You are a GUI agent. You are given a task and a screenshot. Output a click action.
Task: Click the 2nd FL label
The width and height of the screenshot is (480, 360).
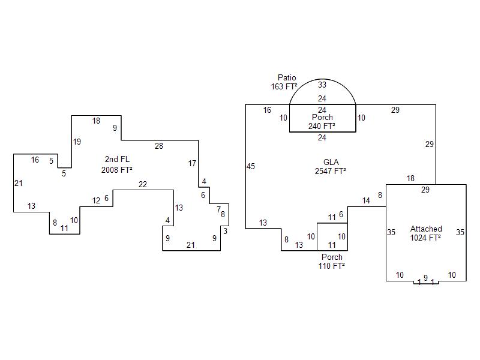(117, 159)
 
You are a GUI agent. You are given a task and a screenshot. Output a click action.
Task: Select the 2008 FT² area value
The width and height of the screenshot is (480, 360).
(117, 170)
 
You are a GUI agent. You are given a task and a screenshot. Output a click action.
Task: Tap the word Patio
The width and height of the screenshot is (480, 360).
(287, 77)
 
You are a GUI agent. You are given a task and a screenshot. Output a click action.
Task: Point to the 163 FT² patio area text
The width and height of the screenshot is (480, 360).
(284, 86)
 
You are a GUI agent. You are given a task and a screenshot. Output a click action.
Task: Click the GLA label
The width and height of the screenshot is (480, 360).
(331, 162)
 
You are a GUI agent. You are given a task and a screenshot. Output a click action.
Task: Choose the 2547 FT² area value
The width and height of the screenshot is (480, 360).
(331, 171)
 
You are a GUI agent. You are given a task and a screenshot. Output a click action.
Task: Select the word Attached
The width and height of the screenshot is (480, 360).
(426, 229)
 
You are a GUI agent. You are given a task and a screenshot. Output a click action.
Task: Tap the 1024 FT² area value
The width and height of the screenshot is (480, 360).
(425, 238)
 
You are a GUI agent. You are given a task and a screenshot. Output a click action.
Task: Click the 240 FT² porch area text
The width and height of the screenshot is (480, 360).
(322, 126)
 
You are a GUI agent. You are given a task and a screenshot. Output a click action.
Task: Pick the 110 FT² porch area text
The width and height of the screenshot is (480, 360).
(332, 266)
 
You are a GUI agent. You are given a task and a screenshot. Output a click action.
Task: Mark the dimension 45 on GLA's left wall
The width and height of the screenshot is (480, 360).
(251, 166)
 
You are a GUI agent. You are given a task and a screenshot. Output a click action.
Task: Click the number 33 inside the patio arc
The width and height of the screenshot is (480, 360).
(322, 85)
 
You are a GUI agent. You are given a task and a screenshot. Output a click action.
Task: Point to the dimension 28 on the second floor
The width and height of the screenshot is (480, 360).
(159, 146)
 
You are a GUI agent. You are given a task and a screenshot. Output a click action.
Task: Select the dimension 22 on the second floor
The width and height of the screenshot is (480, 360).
(143, 184)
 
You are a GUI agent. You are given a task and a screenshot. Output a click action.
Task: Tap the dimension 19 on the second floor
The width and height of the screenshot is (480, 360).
(77, 142)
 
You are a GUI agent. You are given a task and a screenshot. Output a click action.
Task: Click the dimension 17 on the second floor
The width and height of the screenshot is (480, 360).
(192, 163)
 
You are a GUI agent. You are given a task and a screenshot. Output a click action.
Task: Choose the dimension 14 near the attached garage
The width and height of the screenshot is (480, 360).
(366, 201)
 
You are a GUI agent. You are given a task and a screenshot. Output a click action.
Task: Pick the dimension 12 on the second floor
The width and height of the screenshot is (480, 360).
(96, 201)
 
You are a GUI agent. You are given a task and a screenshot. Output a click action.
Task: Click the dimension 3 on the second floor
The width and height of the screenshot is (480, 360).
(226, 231)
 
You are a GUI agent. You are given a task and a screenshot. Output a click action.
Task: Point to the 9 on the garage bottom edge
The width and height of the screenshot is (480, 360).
(425, 278)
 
